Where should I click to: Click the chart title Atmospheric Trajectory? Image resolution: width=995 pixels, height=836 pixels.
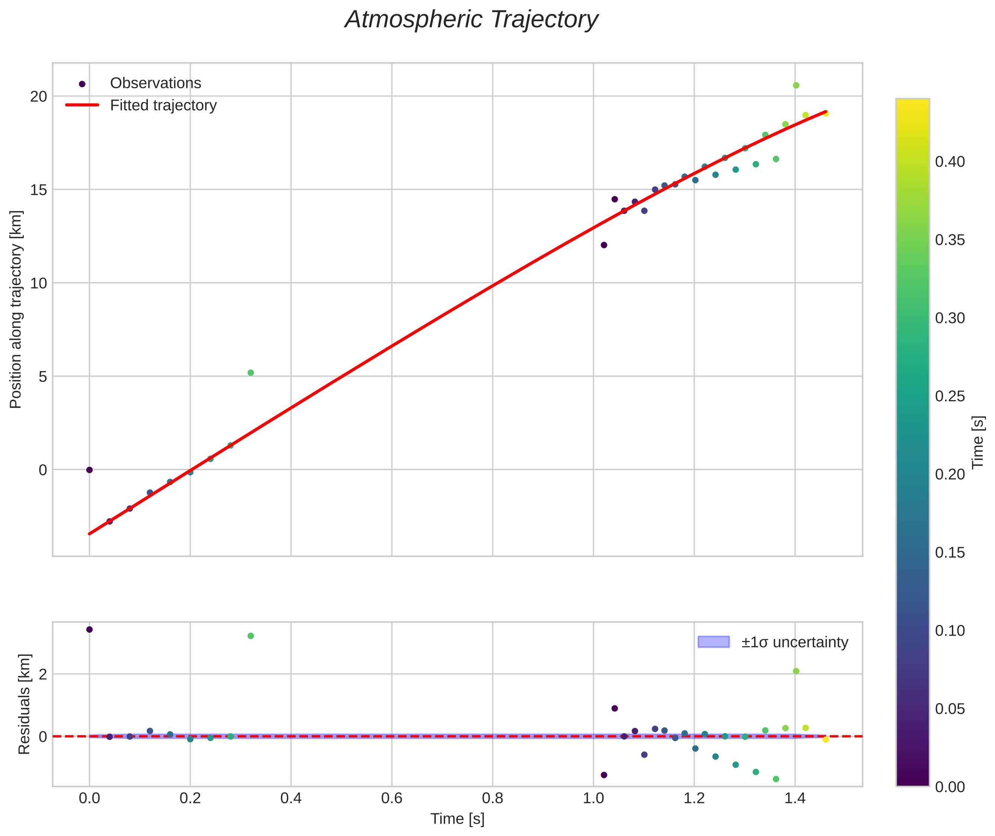471,20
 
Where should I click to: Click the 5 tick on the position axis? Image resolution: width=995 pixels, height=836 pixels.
43,377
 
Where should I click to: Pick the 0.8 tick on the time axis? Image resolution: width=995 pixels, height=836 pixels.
493,798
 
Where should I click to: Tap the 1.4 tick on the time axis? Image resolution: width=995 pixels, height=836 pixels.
795,798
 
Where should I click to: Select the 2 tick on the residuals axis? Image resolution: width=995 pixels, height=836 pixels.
43,674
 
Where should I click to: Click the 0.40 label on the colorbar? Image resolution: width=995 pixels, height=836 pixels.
950,162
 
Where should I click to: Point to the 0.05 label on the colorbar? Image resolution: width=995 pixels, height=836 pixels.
950,709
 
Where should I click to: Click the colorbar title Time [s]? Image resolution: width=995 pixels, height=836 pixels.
978,442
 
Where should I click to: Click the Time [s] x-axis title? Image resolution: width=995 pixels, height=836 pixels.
457,819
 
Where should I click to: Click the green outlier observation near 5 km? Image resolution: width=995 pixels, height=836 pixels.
251,373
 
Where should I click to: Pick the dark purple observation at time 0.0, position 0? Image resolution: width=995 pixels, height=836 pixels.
89,470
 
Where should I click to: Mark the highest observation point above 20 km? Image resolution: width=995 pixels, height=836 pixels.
796,85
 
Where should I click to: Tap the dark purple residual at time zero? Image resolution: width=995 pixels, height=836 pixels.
89,629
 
